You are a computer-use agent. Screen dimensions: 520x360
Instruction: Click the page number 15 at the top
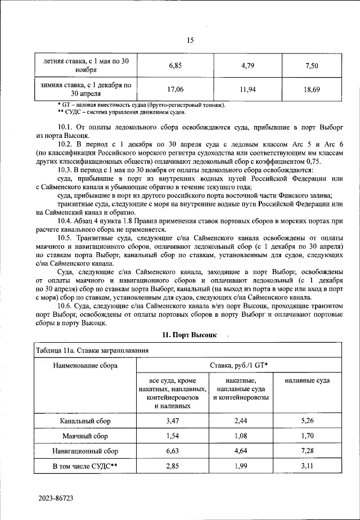click(190, 40)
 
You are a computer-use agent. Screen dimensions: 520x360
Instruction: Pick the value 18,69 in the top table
click(312, 89)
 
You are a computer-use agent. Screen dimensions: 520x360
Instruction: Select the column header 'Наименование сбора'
click(85, 366)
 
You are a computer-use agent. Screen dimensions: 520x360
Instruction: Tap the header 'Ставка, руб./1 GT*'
click(239, 366)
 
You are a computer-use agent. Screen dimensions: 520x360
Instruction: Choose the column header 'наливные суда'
click(307, 381)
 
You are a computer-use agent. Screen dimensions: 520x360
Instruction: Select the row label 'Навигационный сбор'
click(85, 451)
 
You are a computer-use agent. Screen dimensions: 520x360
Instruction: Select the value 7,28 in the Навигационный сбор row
click(307, 451)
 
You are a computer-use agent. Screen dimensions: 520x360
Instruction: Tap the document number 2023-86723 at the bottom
click(56, 499)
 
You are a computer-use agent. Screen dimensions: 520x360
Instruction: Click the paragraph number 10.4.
click(67, 221)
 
